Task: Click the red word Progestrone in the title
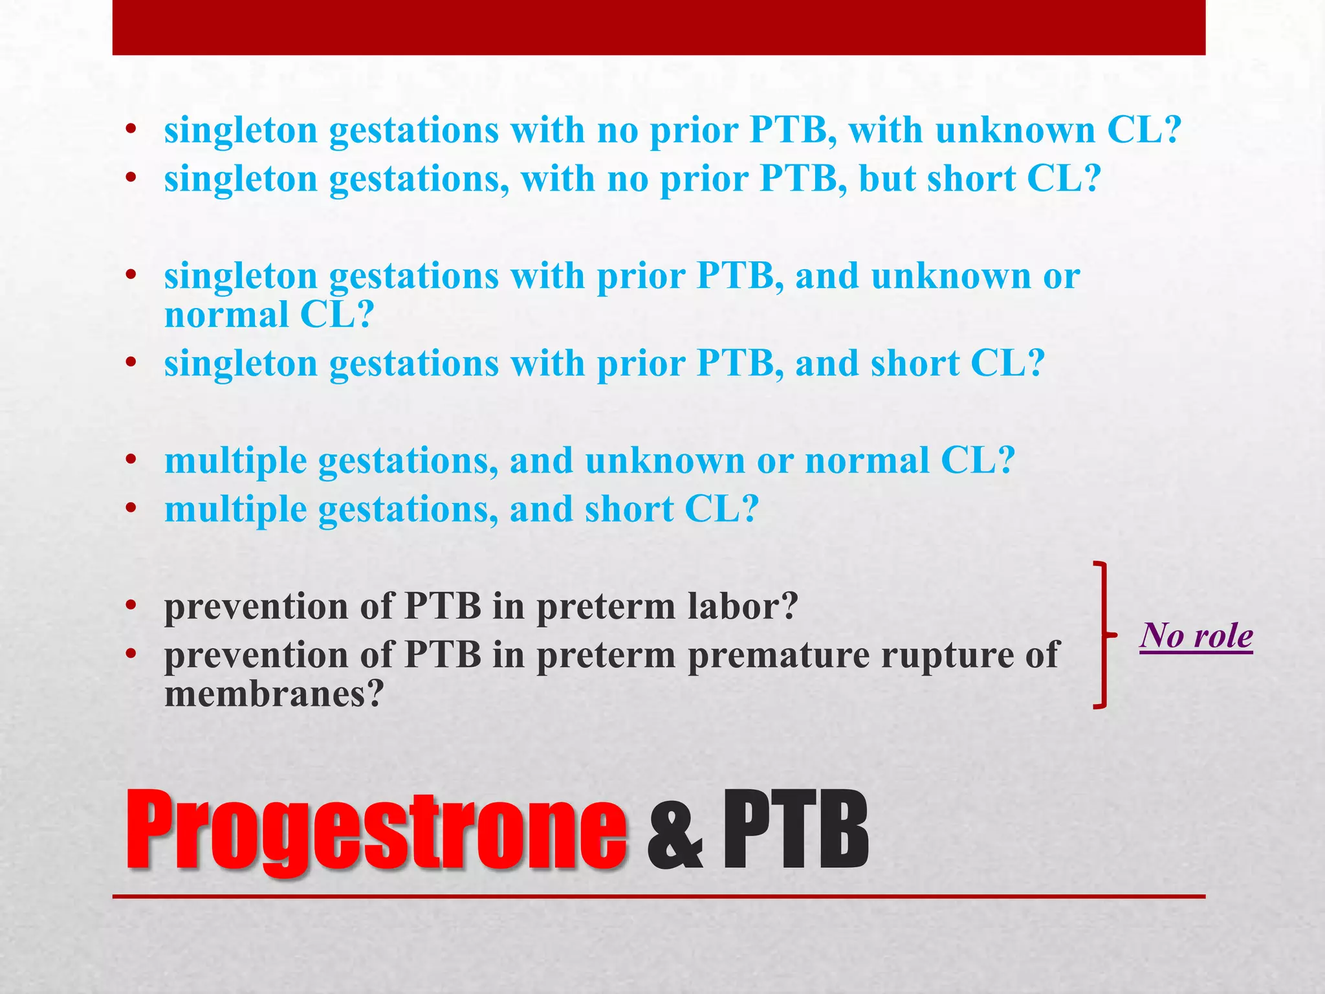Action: (x=375, y=831)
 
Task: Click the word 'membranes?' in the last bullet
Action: (x=274, y=694)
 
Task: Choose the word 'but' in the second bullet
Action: (x=887, y=179)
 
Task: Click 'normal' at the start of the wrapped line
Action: (x=226, y=315)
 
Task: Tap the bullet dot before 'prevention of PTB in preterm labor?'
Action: (x=132, y=607)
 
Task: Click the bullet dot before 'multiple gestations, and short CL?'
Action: (x=132, y=510)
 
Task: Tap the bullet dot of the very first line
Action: (x=132, y=131)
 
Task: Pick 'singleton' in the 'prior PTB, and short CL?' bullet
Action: (x=241, y=364)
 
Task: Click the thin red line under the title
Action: (x=659, y=897)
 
